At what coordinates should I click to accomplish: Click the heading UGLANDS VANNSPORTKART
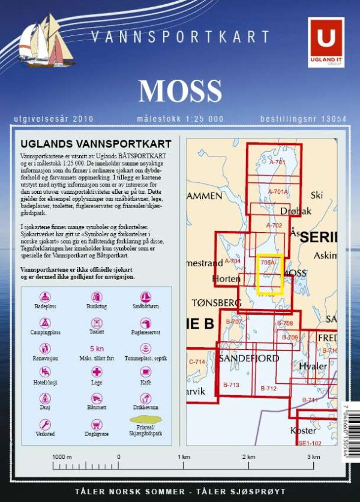[x=96, y=144]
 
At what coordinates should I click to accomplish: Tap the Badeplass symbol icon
[x=46, y=297]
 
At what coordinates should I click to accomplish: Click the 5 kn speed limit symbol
[x=96, y=348]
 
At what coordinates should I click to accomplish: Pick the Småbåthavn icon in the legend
[x=145, y=297]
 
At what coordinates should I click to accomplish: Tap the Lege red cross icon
[x=96, y=372]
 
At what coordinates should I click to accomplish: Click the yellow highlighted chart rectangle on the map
[x=269, y=275]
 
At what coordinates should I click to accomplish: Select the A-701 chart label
[x=277, y=162]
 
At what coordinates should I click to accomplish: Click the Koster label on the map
[x=302, y=431]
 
